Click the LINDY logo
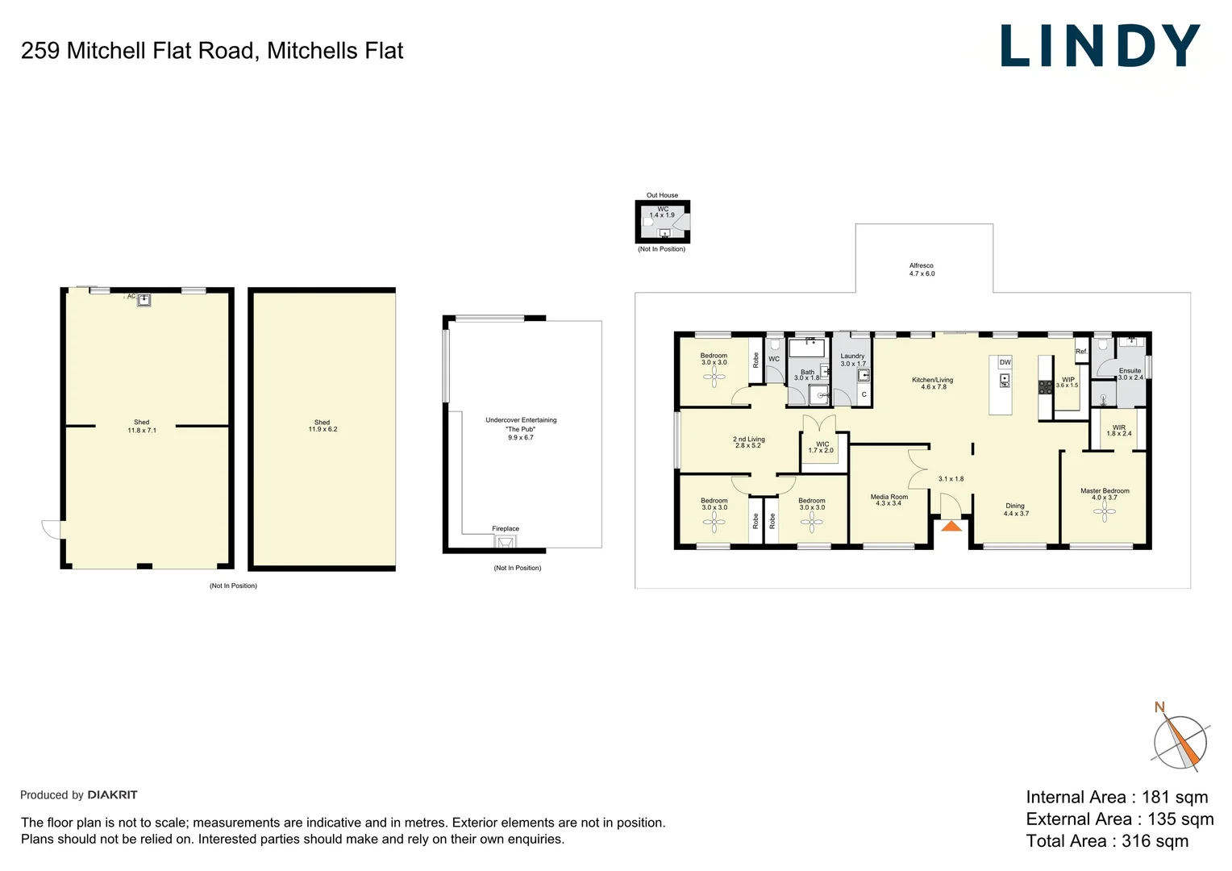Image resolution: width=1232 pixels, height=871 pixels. tap(1100, 46)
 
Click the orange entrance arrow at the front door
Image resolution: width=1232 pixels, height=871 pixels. tap(951, 526)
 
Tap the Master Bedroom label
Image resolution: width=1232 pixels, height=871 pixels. tap(1105, 494)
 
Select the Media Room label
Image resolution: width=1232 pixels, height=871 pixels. tap(889, 500)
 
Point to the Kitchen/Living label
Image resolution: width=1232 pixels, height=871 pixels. tap(933, 383)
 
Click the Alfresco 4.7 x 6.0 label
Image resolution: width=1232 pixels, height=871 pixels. tap(922, 269)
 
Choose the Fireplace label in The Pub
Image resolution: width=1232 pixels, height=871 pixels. tap(506, 529)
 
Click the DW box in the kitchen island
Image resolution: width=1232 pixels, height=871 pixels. tap(1005, 362)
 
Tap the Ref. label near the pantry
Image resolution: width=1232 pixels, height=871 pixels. tap(1081, 352)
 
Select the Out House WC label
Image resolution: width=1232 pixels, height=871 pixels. tap(662, 212)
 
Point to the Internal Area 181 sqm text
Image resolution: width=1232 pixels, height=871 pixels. tap(1117, 797)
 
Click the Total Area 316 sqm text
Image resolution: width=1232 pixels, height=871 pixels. tap(1107, 840)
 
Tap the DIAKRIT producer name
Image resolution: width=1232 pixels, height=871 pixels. tap(112, 794)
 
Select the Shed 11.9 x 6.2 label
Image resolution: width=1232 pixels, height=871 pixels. tap(323, 426)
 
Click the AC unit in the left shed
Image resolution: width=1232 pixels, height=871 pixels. tap(144, 300)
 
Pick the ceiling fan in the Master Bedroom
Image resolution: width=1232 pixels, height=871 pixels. tap(1104, 511)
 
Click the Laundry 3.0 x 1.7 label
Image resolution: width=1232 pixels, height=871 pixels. tap(852, 360)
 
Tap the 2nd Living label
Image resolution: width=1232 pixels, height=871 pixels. tap(748, 442)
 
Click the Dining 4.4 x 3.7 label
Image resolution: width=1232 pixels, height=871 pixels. tap(1015, 510)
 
